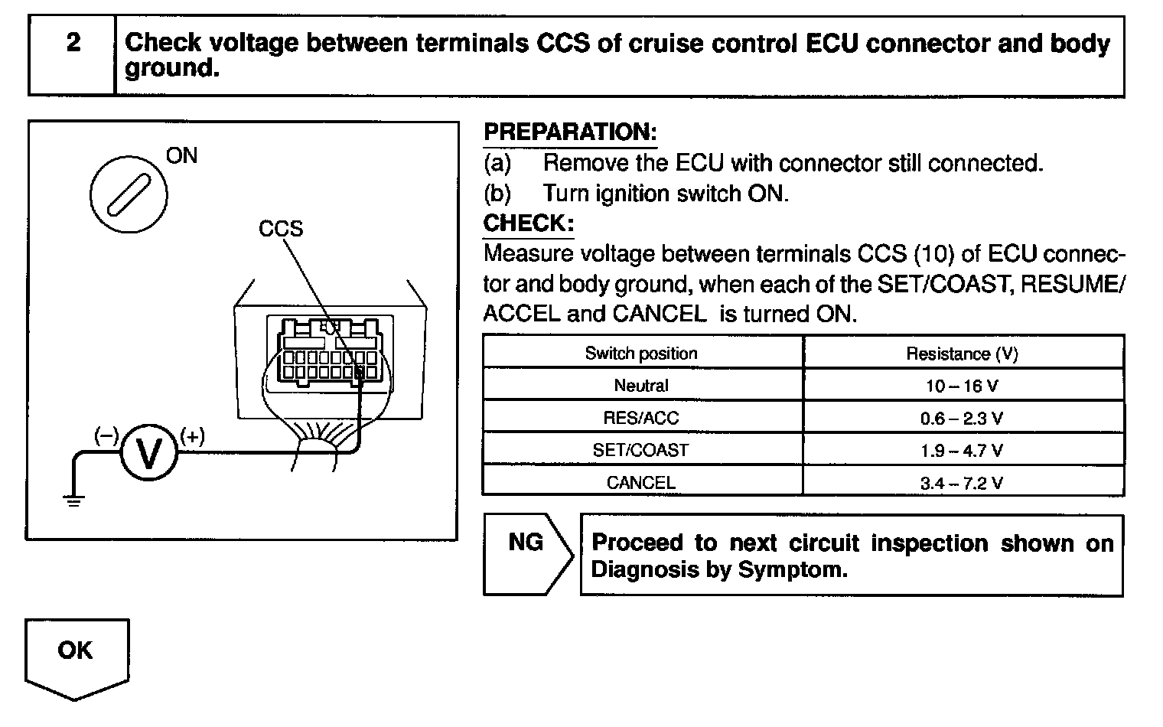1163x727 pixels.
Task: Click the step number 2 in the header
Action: point(73,42)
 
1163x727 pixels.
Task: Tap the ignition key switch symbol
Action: point(129,191)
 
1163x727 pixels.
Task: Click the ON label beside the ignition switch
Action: point(181,156)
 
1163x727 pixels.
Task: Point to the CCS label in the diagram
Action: point(281,228)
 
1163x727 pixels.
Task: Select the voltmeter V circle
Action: point(148,454)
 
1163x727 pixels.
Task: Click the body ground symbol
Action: point(74,500)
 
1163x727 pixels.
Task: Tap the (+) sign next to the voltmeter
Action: point(192,436)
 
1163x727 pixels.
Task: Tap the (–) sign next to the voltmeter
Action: point(106,436)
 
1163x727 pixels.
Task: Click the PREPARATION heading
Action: point(570,132)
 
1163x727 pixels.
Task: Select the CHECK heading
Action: point(528,223)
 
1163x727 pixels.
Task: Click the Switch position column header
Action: point(641,354)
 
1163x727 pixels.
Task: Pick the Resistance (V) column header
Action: point(962,354)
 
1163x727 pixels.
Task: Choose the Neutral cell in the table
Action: point(641,386)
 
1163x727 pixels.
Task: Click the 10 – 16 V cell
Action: point(962,386)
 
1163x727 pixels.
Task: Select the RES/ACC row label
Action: point(641,419)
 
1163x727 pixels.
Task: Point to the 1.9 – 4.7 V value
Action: point(962,451)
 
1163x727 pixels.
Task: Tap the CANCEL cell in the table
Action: point(641,483)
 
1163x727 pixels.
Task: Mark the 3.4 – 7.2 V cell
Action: point(962,483)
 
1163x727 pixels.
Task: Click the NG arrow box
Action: point(527,555)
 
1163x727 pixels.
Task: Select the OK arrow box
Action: point(76,655)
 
